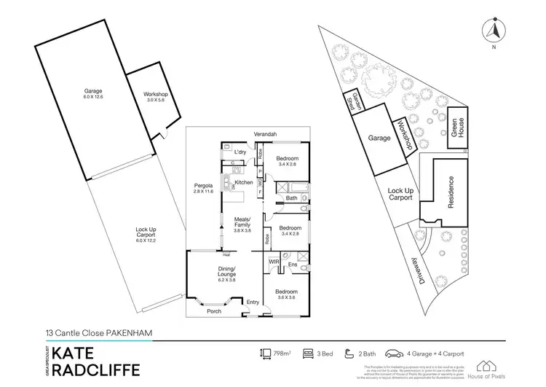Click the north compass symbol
coord(494,31)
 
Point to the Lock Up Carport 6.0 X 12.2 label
coord(146,233)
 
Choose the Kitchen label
coord(244,181)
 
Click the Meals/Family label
coord(242,222)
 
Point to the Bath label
coord(291,198)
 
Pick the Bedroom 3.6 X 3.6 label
coord(285,294)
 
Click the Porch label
coord(214,311)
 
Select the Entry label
coord(253,302)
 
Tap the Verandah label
coord(264,134)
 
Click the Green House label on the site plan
coord(456,128)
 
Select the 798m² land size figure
coord(282,353)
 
